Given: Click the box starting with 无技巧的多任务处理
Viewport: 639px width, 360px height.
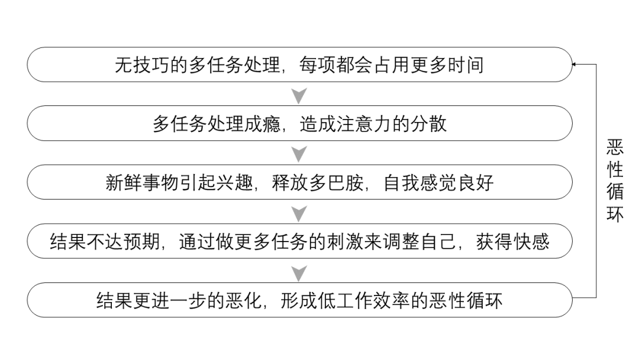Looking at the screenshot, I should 299,65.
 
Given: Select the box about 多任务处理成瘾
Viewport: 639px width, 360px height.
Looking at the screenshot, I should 299,123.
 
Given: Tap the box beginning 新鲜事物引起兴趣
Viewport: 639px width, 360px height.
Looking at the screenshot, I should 299,182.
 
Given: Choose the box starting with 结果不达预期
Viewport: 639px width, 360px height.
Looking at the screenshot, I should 299,241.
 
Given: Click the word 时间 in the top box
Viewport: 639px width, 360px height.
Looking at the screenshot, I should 465,65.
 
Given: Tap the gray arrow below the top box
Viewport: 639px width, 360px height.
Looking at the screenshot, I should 300,95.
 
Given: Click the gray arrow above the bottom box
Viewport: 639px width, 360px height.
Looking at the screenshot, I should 300,272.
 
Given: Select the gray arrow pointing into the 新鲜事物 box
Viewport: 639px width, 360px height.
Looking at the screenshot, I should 300,154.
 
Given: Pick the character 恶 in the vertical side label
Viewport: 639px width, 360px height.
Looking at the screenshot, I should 615,146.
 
